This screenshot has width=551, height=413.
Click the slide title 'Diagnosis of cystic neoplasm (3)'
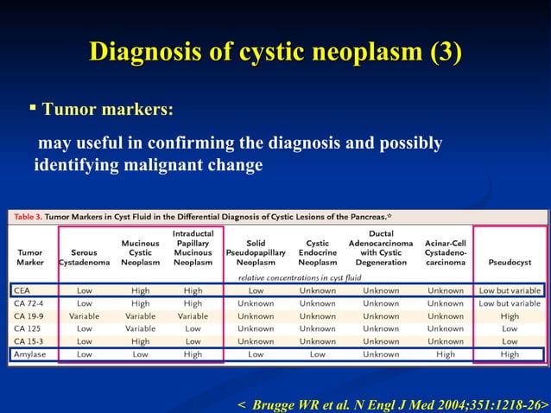point(275,52)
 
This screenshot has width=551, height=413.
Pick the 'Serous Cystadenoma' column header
point(84,253)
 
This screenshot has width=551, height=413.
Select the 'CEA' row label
point(22,291)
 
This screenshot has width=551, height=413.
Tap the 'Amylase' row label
point(30,354)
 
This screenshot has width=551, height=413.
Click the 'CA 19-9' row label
point(30,316)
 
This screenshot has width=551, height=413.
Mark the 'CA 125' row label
point(28,329)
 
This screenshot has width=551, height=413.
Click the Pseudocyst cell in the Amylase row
point(510,354)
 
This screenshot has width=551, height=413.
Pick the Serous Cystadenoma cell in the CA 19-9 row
point(84,316)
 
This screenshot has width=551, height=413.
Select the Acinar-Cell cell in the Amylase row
point(445,354)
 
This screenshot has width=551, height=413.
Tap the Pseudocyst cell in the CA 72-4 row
point(510,303)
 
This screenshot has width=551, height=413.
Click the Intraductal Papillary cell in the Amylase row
point(193,354)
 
